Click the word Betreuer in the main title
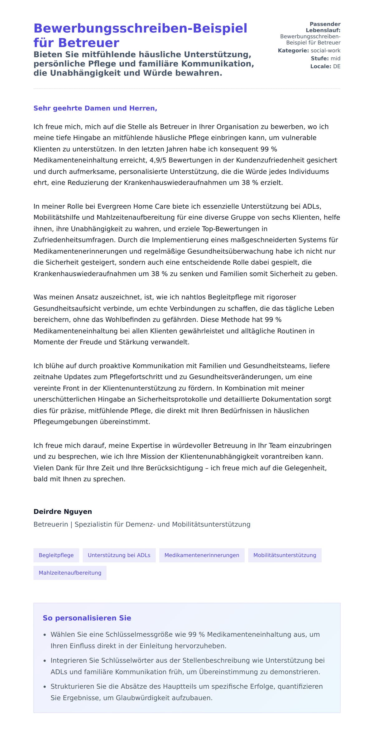pos(89,43)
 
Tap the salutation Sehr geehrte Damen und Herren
pos(95,108)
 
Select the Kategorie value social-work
pos(325,51)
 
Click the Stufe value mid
pos(335,58)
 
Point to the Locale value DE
pos(337,66)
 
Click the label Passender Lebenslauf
pos(323,27)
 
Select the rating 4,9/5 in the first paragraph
pos(158,160)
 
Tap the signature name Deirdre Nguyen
pos(63,512)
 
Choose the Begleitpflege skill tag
pos(56,555)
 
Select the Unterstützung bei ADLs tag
pos(119,555)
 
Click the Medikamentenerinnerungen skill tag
pos(202,555)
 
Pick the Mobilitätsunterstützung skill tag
pos(285,555)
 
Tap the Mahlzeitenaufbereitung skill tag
pos(70,573)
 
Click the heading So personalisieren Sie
pos(87,618)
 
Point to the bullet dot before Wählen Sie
pos(45,635)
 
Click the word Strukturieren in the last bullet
pos(69,686)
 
